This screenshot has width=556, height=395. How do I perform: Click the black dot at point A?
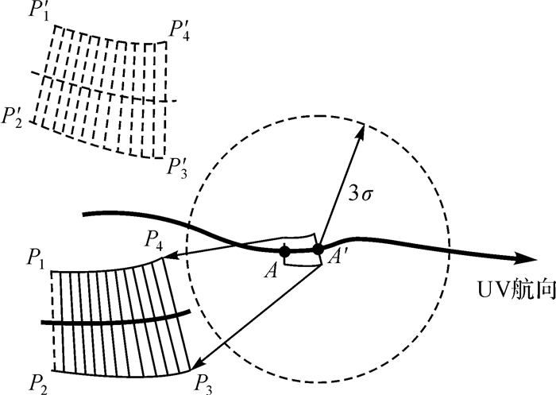pos(285,251)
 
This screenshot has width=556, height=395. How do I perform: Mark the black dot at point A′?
pos(318,250)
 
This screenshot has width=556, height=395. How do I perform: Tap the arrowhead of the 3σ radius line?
pos(361,128)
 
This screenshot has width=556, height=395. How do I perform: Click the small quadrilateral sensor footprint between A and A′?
pos(301,250)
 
